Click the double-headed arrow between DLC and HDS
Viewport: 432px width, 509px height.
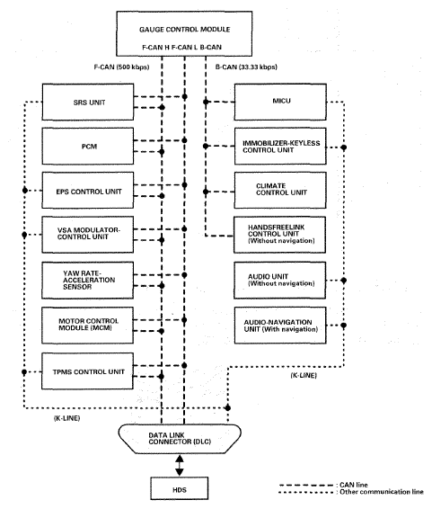tap(180, 466)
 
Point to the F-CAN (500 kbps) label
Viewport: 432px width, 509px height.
tap(121, 67)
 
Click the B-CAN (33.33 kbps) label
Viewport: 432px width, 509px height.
tap(246, 67)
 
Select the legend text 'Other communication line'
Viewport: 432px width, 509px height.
tap(382, 492)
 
